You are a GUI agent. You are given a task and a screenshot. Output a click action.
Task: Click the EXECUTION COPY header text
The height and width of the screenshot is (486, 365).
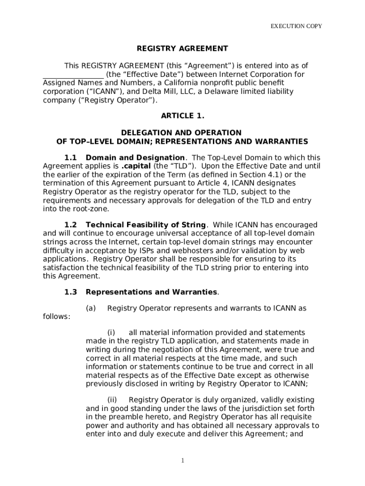(296, 26)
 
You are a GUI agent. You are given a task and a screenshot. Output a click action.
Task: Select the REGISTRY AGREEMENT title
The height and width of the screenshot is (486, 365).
(182, 48)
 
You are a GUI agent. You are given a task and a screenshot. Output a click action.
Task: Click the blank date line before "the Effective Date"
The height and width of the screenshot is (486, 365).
(73, 75)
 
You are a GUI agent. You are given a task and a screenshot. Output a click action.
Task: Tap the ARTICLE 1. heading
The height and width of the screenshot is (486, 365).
(182, 116)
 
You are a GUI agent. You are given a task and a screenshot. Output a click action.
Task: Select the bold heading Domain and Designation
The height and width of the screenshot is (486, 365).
(135, 158)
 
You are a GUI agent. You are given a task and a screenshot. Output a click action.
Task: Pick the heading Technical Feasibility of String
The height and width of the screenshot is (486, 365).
(146, 225)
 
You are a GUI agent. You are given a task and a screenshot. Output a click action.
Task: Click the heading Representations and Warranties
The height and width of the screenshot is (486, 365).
(151, 292)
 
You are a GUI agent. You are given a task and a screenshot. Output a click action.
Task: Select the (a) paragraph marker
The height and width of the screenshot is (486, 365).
(91, 308)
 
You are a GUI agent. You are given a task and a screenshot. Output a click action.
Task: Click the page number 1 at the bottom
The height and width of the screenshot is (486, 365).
(182, 460)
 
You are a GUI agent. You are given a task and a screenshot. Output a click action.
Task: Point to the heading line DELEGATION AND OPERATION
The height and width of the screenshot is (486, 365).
(182, 133)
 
